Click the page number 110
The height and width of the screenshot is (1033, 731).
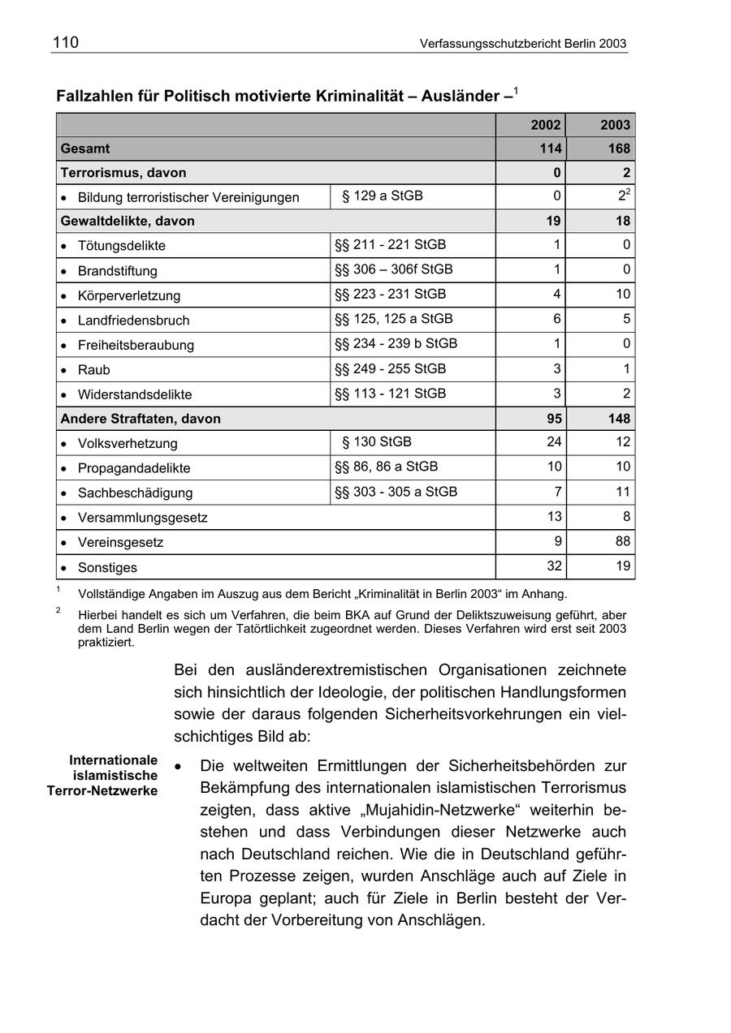pyautogui.click(x=66, y=43)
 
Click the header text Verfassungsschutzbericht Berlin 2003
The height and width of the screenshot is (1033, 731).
pyautogui.click(x=523, y=44)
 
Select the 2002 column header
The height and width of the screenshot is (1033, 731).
pyautogui.click(x=545, y=125)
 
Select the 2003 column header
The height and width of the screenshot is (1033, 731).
pyautogui.click(x=615, y=125)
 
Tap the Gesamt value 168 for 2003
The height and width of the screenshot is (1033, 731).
pyautogui.click(x=617, y=148)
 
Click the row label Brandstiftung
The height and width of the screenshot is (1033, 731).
pyautogui.click(x=117, y=271)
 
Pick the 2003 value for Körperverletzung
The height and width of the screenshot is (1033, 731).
pyautogui.click(x=622, y=294)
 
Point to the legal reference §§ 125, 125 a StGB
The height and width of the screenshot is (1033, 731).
pyautogui.click(x=393, y=319)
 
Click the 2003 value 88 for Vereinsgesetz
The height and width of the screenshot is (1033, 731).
pyautogui.click(x=622, y=541)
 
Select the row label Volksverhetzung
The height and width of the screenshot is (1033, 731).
pyautogui.click(x=127, y=444)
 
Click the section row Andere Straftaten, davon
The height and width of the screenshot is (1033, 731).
pyautogui.click(x=141, y=419)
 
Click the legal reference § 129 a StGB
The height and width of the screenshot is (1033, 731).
pyautogui.click(x=382, y=196)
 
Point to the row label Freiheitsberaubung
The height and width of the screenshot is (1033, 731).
pyautogui.click(x=136, y=346)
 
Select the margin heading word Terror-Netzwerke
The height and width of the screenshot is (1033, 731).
pyautogui.click(x=102, y=790)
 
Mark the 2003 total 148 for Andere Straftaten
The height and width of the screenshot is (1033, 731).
pyautogui.click(x=617, y=419)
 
